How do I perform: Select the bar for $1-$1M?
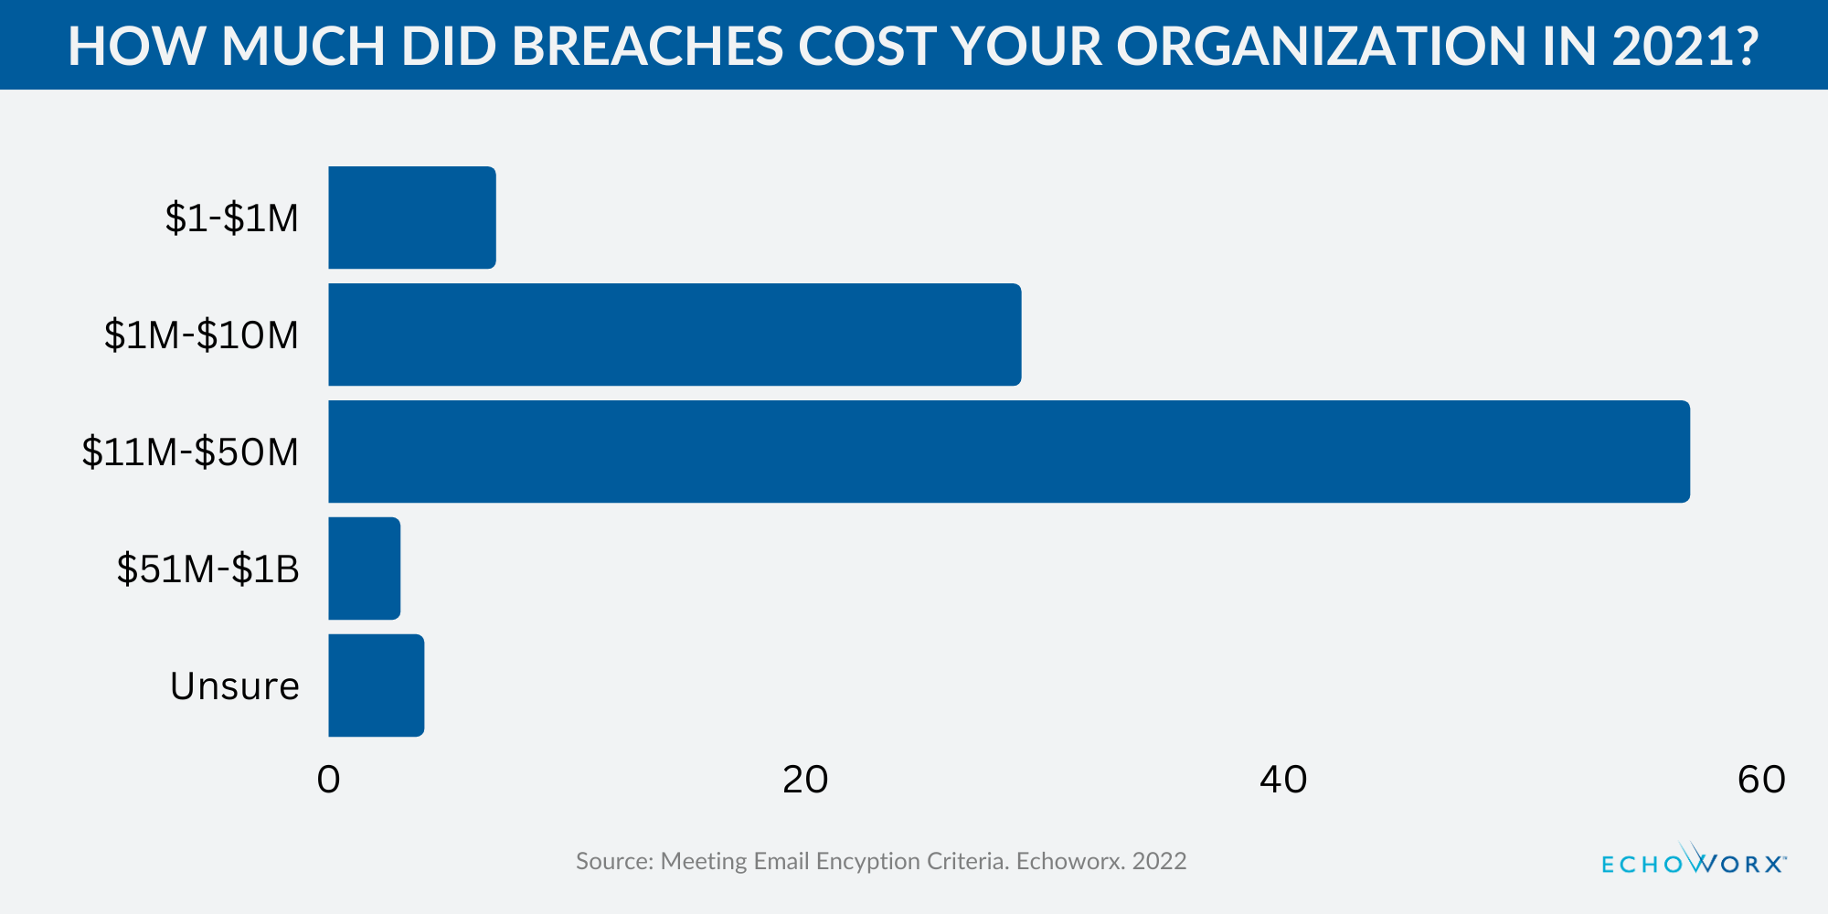pyautogui.click(x=411, y=218)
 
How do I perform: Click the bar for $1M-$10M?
pyautogui.click(x=675, y=335)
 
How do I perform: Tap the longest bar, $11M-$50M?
pyautogui.click(x=1008, y=452)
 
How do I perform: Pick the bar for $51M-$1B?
pyautogui.click(x=364, y=569)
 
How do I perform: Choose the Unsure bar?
pyautogui.click(x=376, y=685)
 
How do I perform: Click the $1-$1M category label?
pyautogui.click(x=232, y=218)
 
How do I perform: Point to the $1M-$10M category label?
pyautogui.click(x=201, y=335)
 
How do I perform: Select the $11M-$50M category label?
pyautogui.click(x=190, y=452)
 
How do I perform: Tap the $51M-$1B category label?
pyautogui.click(x=207, y=569)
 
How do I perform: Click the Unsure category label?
pyautogui.click(x=235, y=686)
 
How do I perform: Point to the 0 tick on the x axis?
pyautogui.click(x=328, y=780)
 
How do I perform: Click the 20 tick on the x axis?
pyautogui.click(x=805, y=780)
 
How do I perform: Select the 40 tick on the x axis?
pyautogui.click(x=1283, y=780)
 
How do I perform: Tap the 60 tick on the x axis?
pyautogui.click(x=1760, y=780)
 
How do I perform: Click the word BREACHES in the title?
pyautogui.click(x=647, y=46)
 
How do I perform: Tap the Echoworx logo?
pyautogui.click(x=1694, y=861)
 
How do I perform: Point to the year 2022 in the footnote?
pyautogui.click(x=1159, y=861)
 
